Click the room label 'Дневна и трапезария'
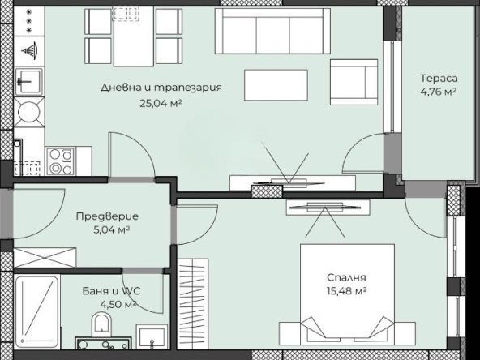pyautogui.click(x=161, y=88)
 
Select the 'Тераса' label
pyautogui.click(x=438, y=79)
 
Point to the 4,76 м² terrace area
pyautogui.click(x=438, y=92)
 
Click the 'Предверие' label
pyautogui.click(x=107, y=216)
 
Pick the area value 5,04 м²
pyautogui.click(x=107, y=229)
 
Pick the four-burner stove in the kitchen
pyautogui.click(x=60, y=161)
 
